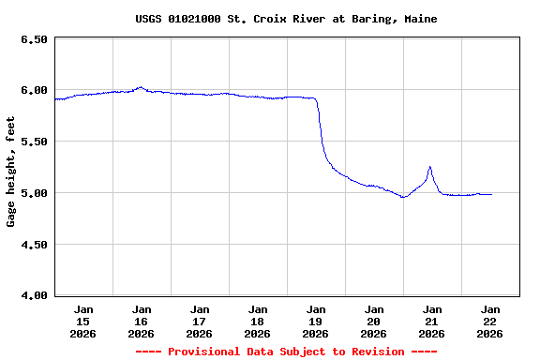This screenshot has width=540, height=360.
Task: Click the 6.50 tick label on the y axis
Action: [33, 39]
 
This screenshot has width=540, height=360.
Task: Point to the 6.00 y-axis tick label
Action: [33, 91]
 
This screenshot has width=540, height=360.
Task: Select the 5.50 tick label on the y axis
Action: [33, 142]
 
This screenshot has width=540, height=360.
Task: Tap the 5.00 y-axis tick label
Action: [33, 193]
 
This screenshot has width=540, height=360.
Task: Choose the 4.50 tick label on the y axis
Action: [33, 245]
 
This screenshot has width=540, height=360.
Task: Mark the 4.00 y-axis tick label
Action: [33, 296]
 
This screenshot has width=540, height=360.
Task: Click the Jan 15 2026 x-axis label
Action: [83, 321]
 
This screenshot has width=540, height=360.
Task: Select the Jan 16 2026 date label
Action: [142, 321]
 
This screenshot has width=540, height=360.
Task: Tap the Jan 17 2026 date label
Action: [200, 321]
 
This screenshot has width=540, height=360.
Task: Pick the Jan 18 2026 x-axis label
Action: [258, 321]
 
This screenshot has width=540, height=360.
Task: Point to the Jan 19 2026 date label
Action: [316, 321]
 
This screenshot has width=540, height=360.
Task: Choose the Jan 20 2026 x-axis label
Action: [374, 321]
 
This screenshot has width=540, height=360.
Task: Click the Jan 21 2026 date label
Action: [432, 321]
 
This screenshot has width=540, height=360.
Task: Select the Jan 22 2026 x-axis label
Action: [490, 321]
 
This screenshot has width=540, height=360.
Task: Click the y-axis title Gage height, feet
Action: [11, 172]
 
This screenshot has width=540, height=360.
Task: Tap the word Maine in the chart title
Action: [421, 19]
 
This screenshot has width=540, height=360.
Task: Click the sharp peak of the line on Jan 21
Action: [429, 167]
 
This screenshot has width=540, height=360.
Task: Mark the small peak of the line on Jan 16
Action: [140, 87]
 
